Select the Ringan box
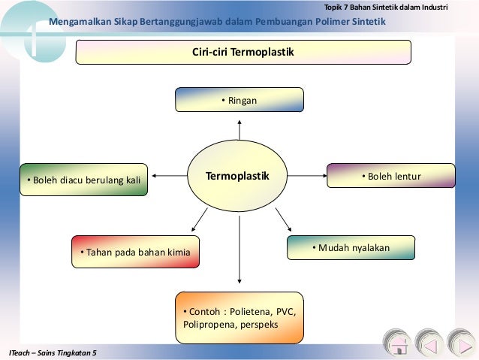tap(239, 99)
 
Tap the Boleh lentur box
tap(390, 176)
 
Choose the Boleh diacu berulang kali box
tap(83, 180)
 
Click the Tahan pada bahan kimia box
tap(135, 252)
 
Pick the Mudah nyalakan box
tap(351, 247)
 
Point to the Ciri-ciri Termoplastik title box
tap(243, 53)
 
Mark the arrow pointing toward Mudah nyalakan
tap(283, 219)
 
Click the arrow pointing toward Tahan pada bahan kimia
tap(198, 219)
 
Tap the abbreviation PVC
tap(285, 311)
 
